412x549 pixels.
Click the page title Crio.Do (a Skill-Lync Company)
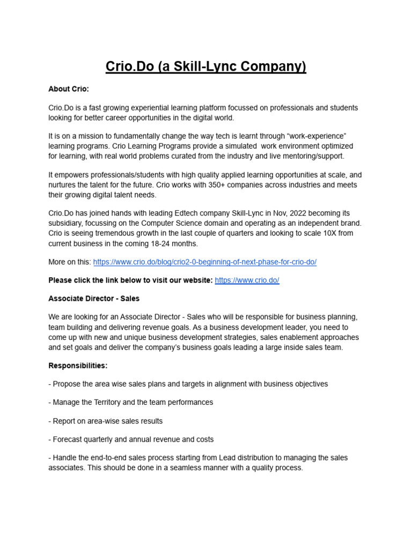[x=206, y=66]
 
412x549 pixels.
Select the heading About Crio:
[x=69, y=89]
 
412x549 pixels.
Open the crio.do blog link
[x=204, y=262]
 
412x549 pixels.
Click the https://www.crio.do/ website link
[x=247, y=280]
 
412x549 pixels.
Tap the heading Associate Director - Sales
[x=94, y=298]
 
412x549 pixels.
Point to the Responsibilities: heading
[x=78, y=366]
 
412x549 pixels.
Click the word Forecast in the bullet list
[x=68, y=440]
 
